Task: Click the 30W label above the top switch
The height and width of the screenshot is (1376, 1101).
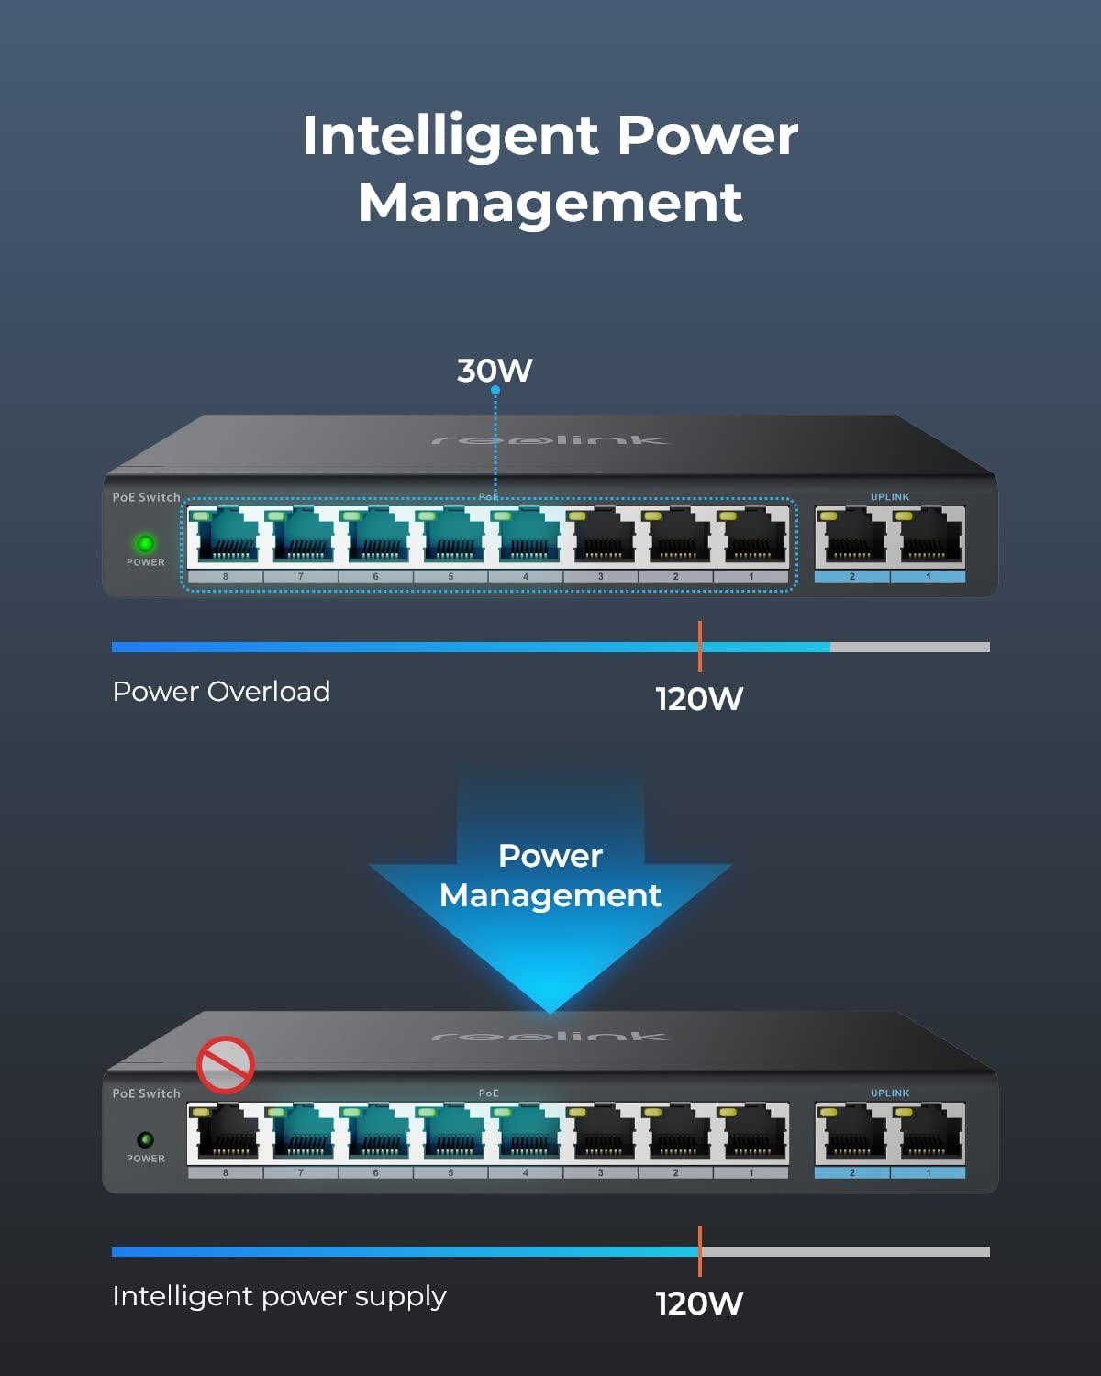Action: click(495, 371)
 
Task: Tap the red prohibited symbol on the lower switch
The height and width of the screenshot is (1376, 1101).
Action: click(225, 1064)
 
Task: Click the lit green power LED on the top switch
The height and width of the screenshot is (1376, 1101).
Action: click(145, 543)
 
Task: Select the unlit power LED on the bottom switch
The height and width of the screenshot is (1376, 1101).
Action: click(145, 1139)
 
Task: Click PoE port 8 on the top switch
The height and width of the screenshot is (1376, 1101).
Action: click(225, 537)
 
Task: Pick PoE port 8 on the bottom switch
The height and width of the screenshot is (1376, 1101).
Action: click(225, 1133)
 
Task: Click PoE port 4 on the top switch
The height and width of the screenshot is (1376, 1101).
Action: click(526, 537)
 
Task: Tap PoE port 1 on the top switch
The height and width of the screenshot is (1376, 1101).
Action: click(751, 537)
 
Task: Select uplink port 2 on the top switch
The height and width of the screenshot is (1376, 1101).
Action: click(851, 537)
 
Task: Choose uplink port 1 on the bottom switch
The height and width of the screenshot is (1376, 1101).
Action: click(928, 1133)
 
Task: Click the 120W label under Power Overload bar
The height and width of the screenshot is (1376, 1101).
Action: click(699, 699)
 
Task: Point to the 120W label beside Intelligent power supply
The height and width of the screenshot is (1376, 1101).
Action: click(699, 1304)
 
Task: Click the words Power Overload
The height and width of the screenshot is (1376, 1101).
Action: click(221, 692)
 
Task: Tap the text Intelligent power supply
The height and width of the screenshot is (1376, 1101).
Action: click(279, 1296)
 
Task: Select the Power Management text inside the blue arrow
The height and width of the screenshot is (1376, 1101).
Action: click(550, 876)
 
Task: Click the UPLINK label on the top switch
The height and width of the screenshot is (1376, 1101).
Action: click(890, 497)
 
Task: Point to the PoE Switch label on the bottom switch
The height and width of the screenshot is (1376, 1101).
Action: click(147, 1093)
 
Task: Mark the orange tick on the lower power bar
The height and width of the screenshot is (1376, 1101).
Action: click(699, 1250)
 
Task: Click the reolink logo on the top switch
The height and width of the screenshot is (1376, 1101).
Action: click(550, 440)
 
